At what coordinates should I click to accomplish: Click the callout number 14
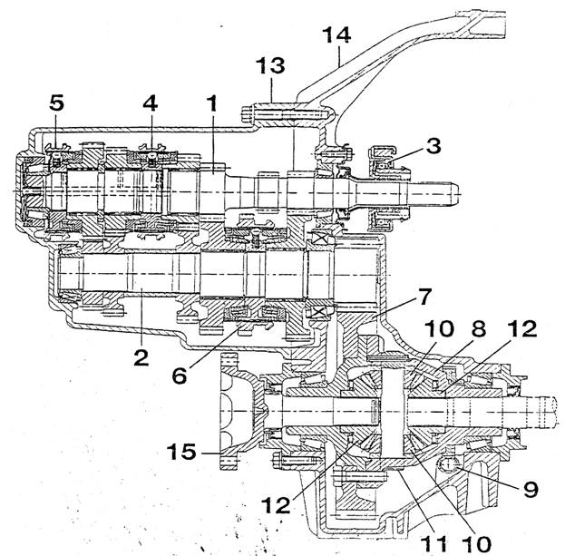336,35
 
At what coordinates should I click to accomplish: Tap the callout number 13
270,65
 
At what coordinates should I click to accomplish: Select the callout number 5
56,102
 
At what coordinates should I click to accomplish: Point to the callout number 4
151,102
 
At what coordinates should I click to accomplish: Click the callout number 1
213,102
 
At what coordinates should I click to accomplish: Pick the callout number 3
433,146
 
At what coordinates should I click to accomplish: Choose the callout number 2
141,357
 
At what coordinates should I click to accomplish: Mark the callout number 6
180,376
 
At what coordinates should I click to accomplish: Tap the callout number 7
423,297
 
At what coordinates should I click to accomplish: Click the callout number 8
478,328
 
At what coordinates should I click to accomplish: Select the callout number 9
530,489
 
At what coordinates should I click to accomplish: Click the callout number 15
181,452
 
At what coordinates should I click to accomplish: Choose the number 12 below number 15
276,505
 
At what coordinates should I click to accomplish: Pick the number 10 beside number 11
476,543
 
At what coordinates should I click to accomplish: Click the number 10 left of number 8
439,328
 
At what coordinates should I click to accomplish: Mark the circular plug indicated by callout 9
447,464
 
